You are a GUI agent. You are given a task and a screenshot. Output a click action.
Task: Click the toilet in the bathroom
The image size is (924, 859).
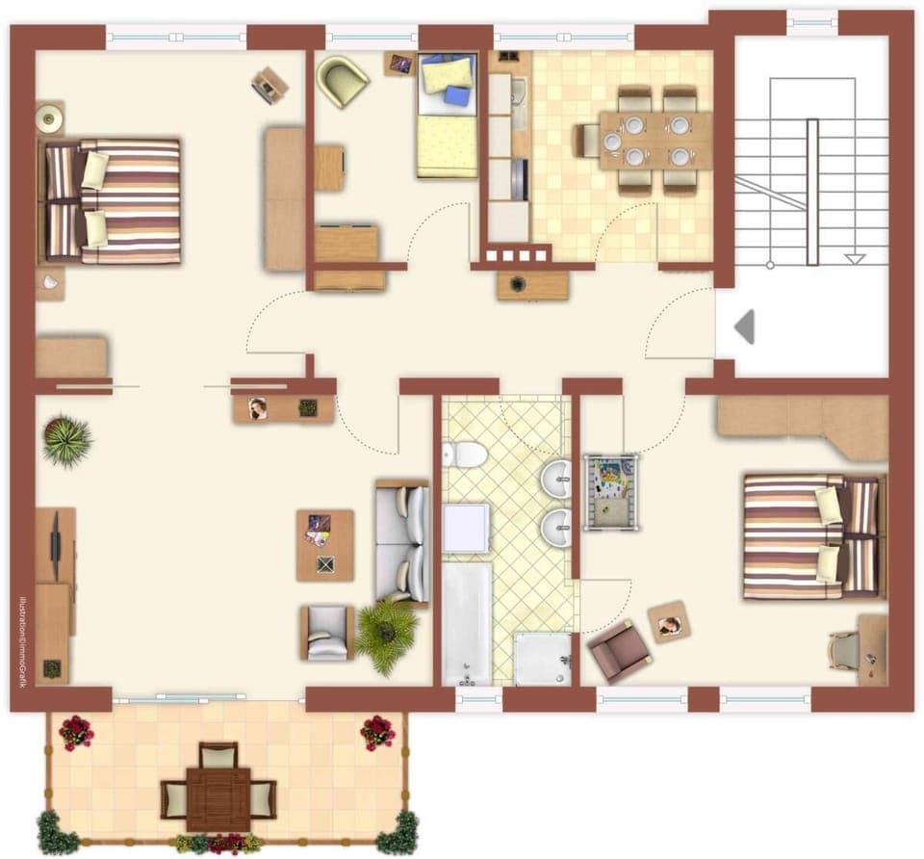[x=467, y=454]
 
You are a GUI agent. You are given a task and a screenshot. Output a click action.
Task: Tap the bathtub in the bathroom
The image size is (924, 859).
[x=467, y=623]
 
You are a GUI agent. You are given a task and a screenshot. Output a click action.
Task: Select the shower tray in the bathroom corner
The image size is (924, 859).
[x=543, y=659]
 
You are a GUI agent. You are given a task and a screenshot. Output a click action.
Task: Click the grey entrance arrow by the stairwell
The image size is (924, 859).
[x=743, y=327]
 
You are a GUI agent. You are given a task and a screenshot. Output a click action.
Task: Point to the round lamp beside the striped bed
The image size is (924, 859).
[x=48, y=118]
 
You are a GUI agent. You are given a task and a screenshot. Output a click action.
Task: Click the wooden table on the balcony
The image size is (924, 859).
[x=218, y=796]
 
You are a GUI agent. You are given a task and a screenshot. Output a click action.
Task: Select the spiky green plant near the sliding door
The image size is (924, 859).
[x=67, y=441]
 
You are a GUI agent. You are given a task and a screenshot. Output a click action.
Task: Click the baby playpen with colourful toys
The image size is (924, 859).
[x=610, y=492]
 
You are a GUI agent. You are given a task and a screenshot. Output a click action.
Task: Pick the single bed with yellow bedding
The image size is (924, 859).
[x=448, y=116]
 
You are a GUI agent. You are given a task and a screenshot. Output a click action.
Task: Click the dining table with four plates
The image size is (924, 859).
[x=655, y=140]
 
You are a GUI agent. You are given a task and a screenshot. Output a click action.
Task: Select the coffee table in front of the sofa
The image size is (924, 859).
[x=325, y=545]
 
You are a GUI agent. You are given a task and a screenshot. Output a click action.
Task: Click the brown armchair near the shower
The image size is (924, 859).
[x=620, y=651]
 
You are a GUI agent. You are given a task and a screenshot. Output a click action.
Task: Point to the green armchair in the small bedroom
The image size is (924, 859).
[x=343, y=80]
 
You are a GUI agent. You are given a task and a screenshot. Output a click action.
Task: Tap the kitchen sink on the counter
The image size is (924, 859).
[x=519, y=91]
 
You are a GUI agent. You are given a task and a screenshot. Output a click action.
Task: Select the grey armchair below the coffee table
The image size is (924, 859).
[x=327, y=633]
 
